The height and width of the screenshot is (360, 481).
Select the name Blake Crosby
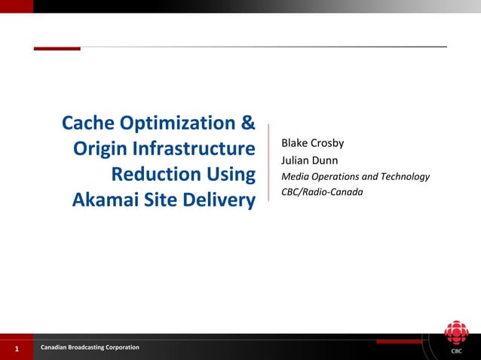(312, 143)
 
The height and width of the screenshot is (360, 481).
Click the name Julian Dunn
(309, 160)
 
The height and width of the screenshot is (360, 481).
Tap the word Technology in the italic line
(404, 177)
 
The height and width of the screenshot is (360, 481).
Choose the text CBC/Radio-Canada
(322, 193)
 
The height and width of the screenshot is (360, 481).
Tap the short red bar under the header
(57, 48)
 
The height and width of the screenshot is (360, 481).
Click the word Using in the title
(230, 175)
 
